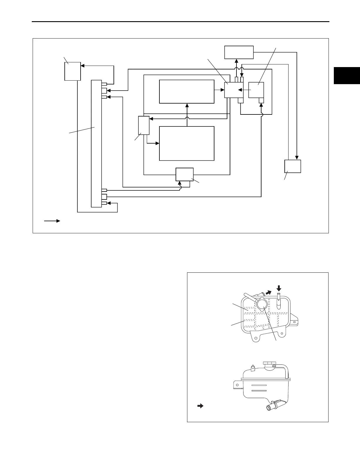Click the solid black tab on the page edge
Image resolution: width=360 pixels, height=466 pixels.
pyautogui.click(x=347, y=76)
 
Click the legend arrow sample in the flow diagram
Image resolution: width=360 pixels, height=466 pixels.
pyautogui.click(x=52, y=221)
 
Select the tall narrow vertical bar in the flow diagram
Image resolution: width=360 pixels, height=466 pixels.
pyautogui.click(x=96, y=143)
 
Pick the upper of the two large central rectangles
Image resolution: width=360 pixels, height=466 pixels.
pyautogui.click(x=186, y=91)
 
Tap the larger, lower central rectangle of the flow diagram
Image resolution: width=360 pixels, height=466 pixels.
pyautogui.click(x=186, y=144)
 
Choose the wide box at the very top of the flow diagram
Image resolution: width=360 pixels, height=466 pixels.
pyautogui.click(x=239, y=52)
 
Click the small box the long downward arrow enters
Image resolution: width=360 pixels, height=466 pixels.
pyautogui.click(x=293, y=166)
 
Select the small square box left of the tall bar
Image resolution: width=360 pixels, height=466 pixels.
pyautogui.click(x=72, y=71)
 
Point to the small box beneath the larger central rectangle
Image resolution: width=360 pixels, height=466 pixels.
pyautogui.click(x=184, y=174)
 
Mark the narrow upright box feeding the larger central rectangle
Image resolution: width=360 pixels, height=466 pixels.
pyautogui.click(x=144, y=125)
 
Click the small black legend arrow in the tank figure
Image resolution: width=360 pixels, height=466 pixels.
pyautogui.click(x=200, y=406)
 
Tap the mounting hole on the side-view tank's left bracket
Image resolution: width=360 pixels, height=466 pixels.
pyautogui.click(x=236, y=384)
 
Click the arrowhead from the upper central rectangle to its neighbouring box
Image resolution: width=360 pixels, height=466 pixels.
pyautogui.click(x=222, y=90)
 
